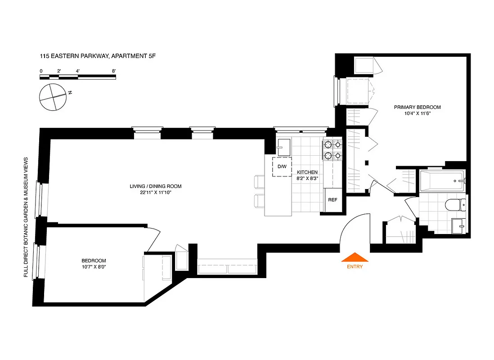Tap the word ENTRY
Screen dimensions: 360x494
point(355,266)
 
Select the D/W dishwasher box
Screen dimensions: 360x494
point(282,167)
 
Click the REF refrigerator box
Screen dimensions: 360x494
point(332,200)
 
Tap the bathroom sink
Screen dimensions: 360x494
point(458,225)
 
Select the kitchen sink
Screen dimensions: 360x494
point(284,147)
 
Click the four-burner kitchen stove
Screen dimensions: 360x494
point(333,150)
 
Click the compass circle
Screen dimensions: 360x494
point(53,96)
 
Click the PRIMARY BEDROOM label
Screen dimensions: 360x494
point(417,107)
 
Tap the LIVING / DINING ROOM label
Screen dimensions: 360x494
point(155,186)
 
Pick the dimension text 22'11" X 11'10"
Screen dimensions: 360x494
point(155,193)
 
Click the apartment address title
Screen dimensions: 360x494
point(98,56)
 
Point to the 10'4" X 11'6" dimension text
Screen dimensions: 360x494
point(417,113)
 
